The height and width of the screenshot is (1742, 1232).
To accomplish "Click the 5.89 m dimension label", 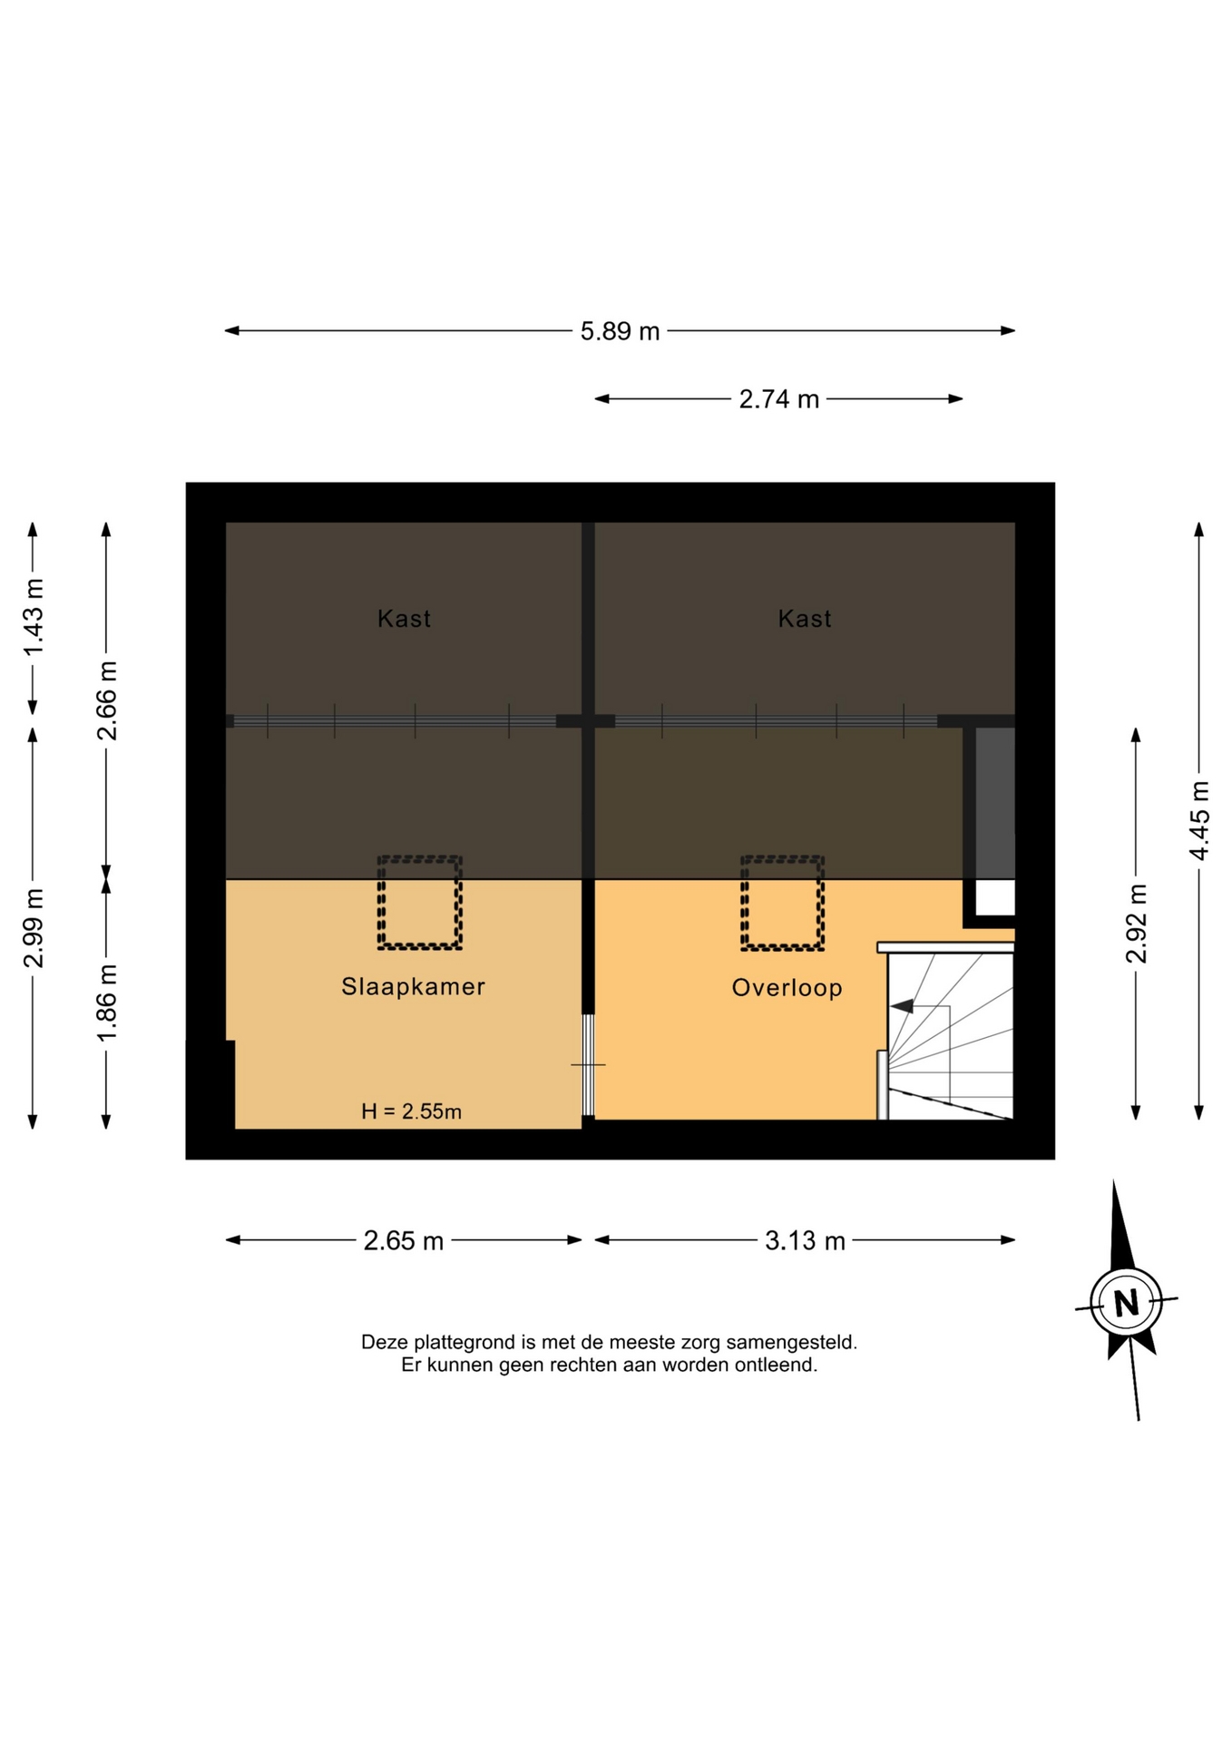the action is pos(620,331).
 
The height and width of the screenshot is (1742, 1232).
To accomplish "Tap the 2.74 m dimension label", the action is pos(778,399).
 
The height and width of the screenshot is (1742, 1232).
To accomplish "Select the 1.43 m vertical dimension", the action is pos(34,616).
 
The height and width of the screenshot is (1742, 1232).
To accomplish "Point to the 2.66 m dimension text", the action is pos(107,700).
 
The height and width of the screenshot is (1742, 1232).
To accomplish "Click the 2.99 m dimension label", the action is pos(34,928).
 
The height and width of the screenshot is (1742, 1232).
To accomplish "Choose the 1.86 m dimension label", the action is pos(107,1003).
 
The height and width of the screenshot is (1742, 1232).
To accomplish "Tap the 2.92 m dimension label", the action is pos(1136,923).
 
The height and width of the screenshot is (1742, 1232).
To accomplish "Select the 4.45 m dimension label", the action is pos(1199,820).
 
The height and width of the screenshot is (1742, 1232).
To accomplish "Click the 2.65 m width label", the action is pos(404,1240).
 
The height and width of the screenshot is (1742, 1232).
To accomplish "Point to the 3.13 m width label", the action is pos(805,1240).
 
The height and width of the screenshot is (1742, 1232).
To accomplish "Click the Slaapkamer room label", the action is pos(414,986).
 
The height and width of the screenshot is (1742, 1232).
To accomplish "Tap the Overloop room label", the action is pos(787,988).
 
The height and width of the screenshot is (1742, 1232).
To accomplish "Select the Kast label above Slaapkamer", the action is pos(405,619).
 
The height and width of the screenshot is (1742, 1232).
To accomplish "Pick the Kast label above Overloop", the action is pos(805,619).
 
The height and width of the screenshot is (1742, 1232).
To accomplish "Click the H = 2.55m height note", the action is pos(412,1111).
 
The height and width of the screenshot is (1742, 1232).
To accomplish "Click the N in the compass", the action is pos(1126,1303).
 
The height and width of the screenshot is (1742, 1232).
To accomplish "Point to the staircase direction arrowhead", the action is pos(902,1006).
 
